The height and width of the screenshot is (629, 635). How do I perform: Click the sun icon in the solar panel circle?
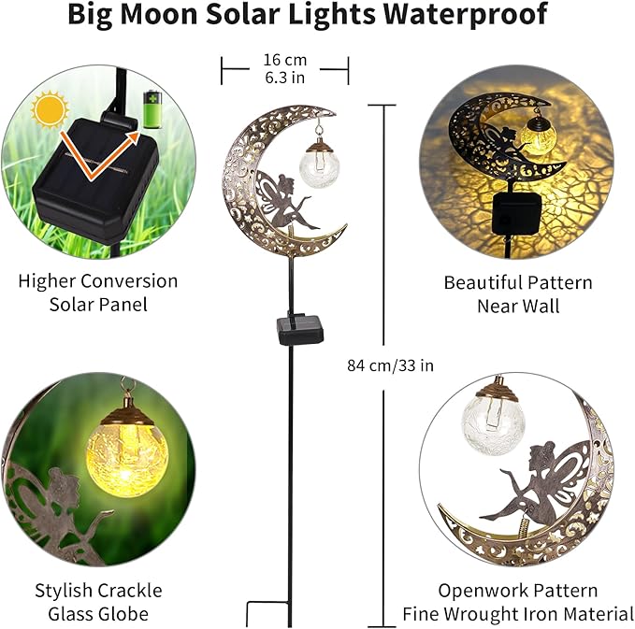50,110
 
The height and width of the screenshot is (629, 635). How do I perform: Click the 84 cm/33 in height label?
390,365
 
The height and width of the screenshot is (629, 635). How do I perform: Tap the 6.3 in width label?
285,79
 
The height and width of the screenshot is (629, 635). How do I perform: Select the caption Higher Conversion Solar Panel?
97,293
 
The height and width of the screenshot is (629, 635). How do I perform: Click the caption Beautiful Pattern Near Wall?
517,293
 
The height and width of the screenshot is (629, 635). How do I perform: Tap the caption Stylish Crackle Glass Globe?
98,602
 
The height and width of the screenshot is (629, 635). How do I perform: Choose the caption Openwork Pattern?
517,591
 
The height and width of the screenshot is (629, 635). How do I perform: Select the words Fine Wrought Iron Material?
517,614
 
